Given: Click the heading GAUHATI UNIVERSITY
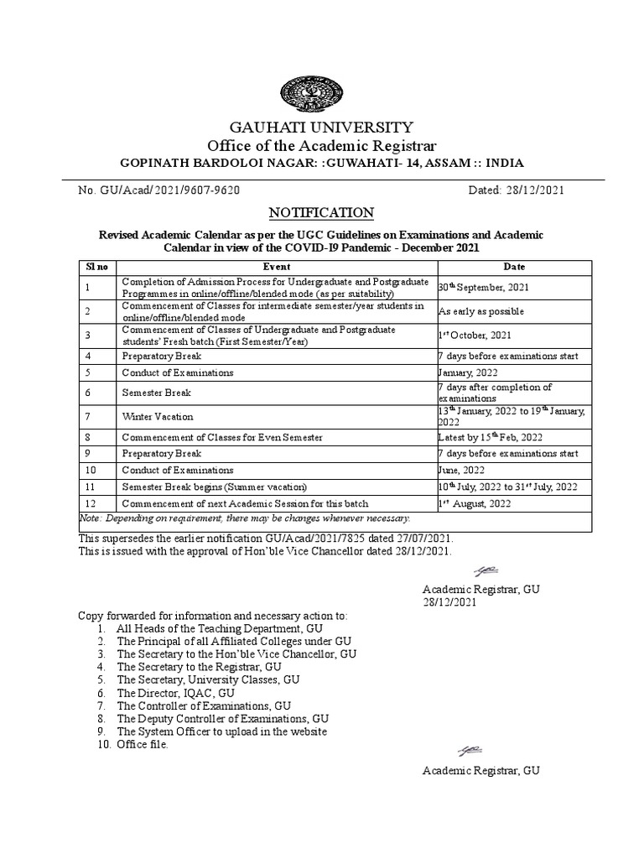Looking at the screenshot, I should (321, 128).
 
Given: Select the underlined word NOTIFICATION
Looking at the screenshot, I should (321, 212).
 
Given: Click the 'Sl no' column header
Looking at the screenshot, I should (97, 266).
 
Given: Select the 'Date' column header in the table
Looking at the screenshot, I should (514, 266).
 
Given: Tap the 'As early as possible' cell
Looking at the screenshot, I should (481, 311).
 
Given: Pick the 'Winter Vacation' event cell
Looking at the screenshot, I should (158, 416).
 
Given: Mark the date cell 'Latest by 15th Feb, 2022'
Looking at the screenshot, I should (491, 437).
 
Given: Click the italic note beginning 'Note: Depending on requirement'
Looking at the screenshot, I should (244, 519).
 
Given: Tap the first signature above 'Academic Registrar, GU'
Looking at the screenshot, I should (486, 571).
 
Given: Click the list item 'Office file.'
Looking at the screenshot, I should (143, 744).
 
